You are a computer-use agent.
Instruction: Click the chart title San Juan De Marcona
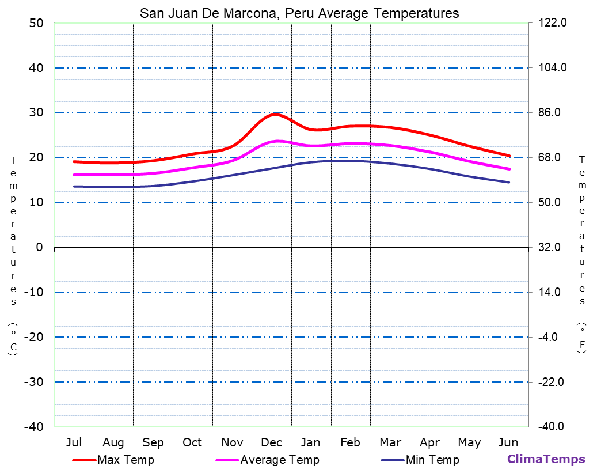click(x=299, y=13)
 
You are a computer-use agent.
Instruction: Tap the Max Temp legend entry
click(x=126, y=460)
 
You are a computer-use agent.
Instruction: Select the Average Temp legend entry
click(x=279, y=460)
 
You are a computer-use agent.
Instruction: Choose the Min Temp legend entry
click(x=432, y=460)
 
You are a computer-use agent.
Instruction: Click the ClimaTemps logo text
click(x=546, y=459)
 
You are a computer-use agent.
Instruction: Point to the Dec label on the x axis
click(x=271, y=442)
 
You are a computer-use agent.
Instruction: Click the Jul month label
click(x=74, y=442)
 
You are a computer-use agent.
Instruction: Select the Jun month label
click(x=508, y=442)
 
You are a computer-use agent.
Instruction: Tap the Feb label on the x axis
click(x=350, y=442)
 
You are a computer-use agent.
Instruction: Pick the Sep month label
click(x=153, y=442)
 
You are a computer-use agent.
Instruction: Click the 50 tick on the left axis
click(x=36, y=23)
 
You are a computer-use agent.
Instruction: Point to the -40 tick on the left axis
click(x=33, y=427)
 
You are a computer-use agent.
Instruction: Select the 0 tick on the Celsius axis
click(x=39, y=247)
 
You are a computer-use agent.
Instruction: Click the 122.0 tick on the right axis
click(x=552, y=23)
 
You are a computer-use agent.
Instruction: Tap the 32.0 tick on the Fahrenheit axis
click(x=549, y=247)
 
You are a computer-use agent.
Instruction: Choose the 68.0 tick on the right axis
click(x=549, y=157)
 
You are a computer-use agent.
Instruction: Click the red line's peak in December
click(x=276, y=114)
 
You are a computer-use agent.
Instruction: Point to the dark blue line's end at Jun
click(x=509, y=183)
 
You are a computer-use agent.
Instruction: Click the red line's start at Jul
click(x=74, y=161)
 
